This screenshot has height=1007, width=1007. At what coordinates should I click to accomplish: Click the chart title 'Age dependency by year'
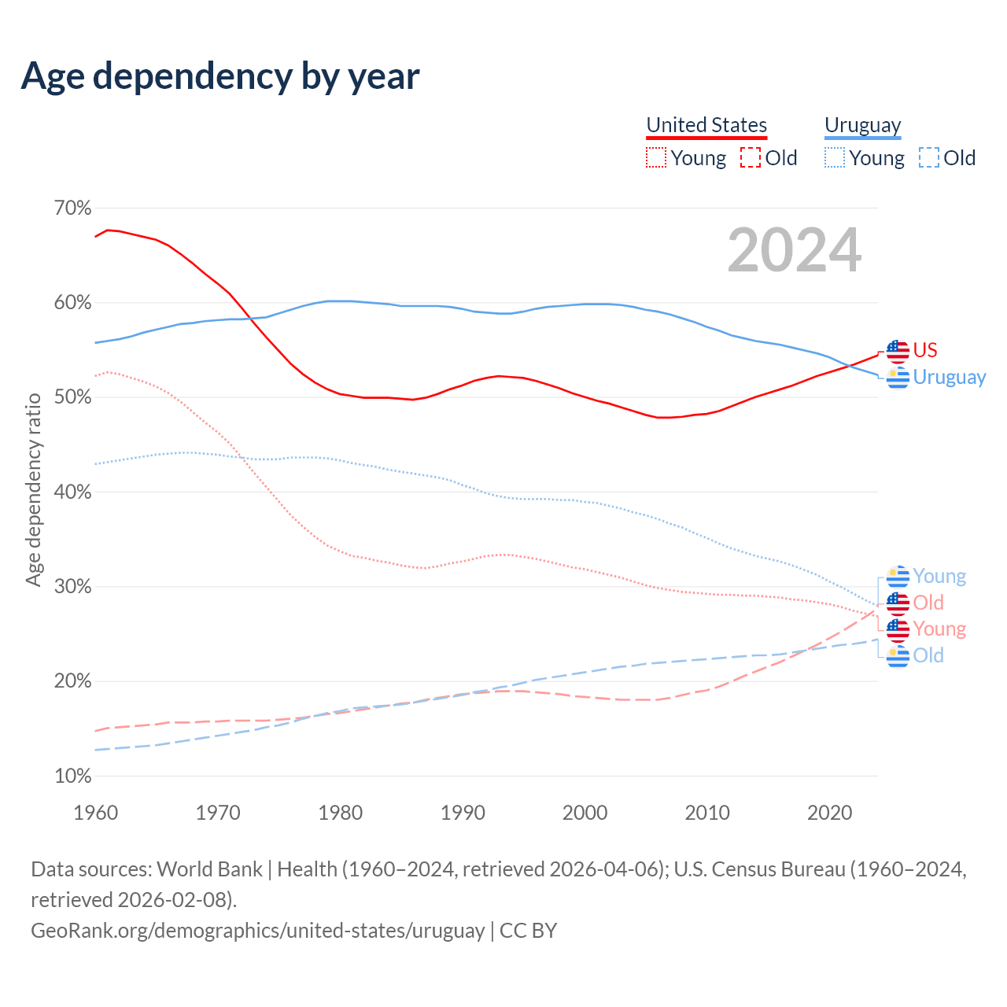click(x=220, y=76)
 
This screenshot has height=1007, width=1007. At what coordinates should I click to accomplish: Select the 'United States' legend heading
click(x=706, y=125)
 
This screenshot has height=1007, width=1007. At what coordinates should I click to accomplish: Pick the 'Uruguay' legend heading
click(x=862, y=125)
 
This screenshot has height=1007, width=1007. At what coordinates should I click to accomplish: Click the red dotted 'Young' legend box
click(x=655, y=158)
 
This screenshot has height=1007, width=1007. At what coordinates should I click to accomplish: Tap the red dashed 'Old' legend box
click(x=751, y=158)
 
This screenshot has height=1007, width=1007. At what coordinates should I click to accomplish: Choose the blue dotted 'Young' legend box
click(x=834, y=158)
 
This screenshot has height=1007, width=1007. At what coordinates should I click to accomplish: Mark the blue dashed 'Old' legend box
click(x=929, y=158)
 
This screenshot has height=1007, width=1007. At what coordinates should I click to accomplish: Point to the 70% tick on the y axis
click(x=72, y=208)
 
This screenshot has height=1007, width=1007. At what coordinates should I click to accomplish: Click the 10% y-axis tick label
click(x=72, y=776)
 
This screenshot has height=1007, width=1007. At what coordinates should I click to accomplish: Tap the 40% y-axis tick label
click(x=72, y=492)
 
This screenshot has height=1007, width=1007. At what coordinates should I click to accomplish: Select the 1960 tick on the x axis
click(x=95, y=813)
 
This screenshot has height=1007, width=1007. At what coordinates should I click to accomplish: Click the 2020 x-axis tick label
click(x=829, y=813)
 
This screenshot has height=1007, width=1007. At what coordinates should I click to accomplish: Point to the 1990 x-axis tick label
click(x=463, y=813)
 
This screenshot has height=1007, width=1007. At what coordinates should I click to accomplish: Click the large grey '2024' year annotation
click(x=794, y=250)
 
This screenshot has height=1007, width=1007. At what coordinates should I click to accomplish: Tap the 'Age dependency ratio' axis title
click(x=33, y=490)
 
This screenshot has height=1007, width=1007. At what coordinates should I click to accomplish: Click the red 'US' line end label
click(x=925, y=350)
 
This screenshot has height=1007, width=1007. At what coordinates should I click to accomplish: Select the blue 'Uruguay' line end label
click(x=949, y=378)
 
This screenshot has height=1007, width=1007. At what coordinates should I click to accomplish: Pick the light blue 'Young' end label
click(x=939, y=577)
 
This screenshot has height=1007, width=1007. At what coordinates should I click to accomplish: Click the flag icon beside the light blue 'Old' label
click(x=898, y=656)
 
